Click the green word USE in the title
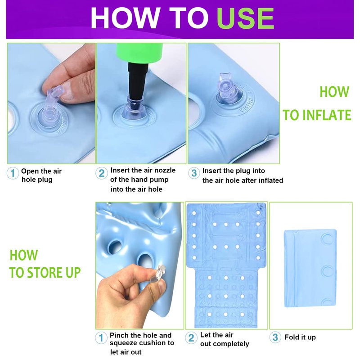pyautogui.click(x=245, y=18)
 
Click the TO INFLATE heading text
pyautogui.click(x=317, y=115)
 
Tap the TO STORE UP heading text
pyautogui.click(x=45, y=272)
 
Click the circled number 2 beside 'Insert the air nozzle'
pyautogui.click(x=102, y=173)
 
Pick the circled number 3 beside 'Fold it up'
pyautogui.click(x=275, y=337)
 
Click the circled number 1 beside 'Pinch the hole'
pyautogui.click(x=101, y=338)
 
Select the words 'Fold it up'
pyautogui.click(x=300, y=337)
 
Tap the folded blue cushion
pyautogui.click(x=310, y=268)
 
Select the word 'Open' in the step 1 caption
pyautogui.click(x=29, y=171)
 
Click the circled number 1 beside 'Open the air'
pyautogui.click(x=13, y=173)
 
